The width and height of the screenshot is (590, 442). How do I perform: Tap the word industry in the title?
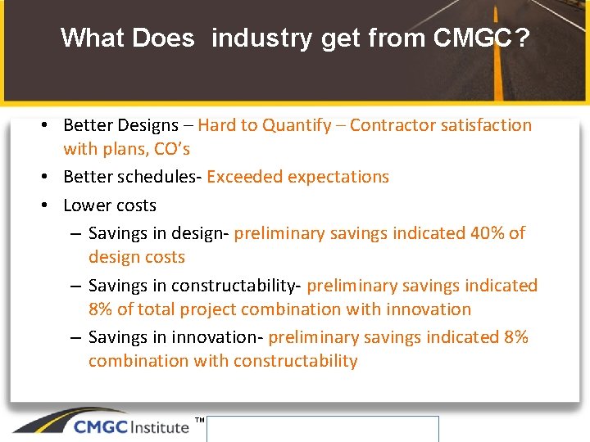coord(262,38)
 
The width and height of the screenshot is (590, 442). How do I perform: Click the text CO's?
coord(171,149)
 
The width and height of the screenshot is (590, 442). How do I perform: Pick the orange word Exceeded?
coord(243,177)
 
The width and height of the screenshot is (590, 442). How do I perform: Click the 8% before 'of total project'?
coord(102,309)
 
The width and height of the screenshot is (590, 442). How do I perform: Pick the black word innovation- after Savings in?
coord(221,337)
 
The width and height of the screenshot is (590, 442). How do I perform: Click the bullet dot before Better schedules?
coord(50,177)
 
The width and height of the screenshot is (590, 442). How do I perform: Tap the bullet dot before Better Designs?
coord(50,125)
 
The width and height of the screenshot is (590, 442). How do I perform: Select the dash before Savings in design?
coord(75,233)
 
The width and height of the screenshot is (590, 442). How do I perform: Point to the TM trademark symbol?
coord(199,421)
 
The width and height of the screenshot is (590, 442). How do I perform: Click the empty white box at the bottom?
coord(322,429)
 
